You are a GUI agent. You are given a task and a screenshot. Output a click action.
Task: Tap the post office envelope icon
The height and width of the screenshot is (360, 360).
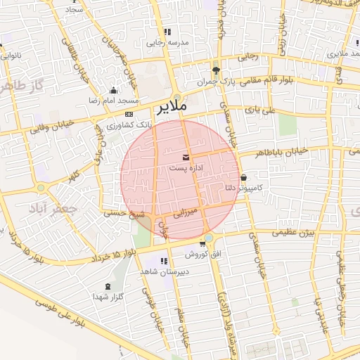[x=186, y=156]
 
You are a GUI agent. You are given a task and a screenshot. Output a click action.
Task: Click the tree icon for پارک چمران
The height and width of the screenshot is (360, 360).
[x=216, y=70]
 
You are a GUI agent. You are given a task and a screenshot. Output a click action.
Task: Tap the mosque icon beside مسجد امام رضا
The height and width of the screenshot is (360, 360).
[x=114, y=90]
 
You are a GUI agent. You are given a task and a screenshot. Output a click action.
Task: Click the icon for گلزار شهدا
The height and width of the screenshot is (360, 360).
[x=108, y=286]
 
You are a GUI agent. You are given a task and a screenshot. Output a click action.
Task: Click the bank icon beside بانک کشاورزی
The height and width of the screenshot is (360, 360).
[x=129, y=114]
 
